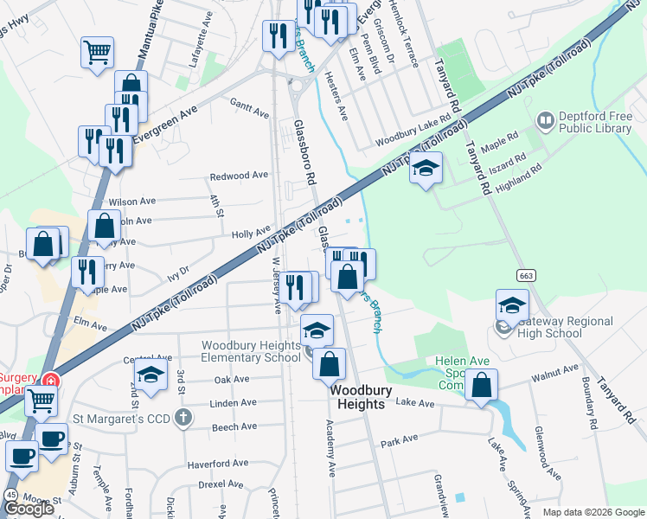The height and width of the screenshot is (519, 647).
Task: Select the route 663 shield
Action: point(525,275)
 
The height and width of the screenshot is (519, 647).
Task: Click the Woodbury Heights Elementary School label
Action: point(252,351)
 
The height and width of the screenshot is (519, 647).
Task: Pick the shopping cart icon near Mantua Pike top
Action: point(98,51)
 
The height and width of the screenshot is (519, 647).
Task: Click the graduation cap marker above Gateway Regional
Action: point(512,305)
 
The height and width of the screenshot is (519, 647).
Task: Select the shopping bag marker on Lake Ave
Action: point(482,386)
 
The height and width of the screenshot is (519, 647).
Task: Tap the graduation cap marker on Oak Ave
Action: point(151,375)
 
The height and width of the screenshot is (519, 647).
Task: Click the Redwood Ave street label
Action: point(239,176)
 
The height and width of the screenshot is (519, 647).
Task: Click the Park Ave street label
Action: point(399,441)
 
